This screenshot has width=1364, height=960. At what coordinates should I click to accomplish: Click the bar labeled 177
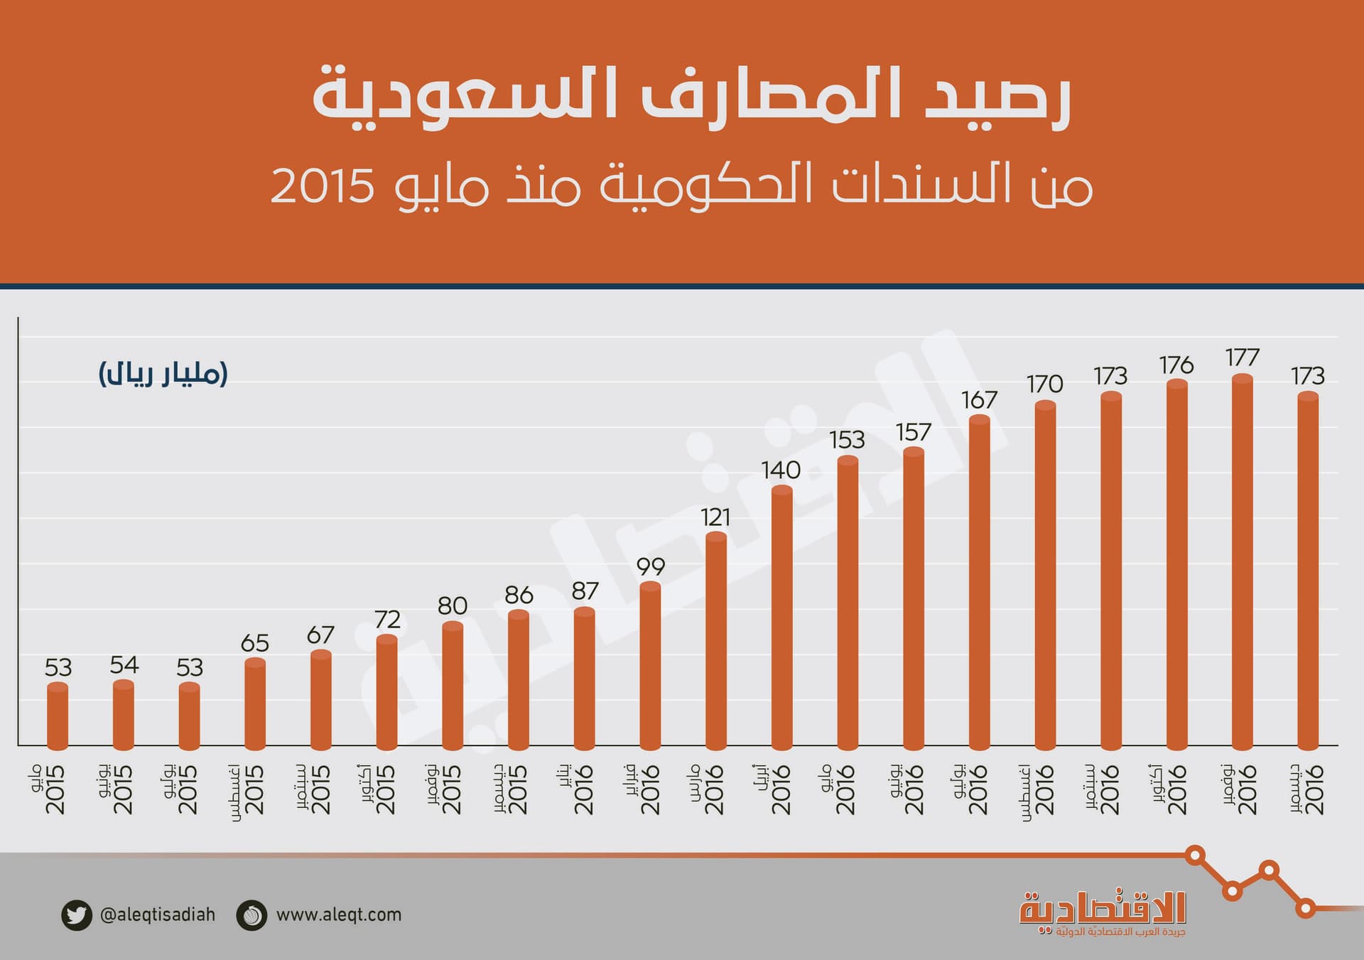pyautogui.click(x=1242, y=561)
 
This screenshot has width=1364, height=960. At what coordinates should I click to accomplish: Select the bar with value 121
pyautogui.click(x=716, y=640)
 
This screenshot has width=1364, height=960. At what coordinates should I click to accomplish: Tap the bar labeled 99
pyautogui.click(x=650, y=665)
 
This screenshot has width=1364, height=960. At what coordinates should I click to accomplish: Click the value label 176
pyautogui.click(x=1176, y=365)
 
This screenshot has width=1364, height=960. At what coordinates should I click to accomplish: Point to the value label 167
pyautogui.click(x=980, y=400)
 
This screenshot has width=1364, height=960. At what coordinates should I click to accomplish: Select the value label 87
pyautogui.click(x=585, y=591)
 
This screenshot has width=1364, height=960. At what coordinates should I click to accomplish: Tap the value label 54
pyautogui.click(x=124, y=665)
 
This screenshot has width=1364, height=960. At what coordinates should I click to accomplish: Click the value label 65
pyautogui.click(x=255, y=643)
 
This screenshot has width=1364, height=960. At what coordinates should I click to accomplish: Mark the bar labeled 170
pyautogui.click(x=1045, y=576)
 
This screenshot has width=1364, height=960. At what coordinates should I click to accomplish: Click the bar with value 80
pyautogui.click(x=453, y=686)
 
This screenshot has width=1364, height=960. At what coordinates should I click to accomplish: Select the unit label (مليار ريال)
pyautogui.click(x=163, y=374)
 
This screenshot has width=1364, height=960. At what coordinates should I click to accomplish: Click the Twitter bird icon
pyautogui.click(x=76, y=915)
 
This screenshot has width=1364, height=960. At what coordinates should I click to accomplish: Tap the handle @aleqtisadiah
pyautogui.click(x=158, y=915)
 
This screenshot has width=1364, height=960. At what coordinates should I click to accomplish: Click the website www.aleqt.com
pyautogui.click(x=339, y=915)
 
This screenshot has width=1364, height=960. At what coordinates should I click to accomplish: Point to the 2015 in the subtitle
pyautogui.click(x=323, y=187)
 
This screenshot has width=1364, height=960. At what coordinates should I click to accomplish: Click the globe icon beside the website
pyautogui.click(x=251, y=915)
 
